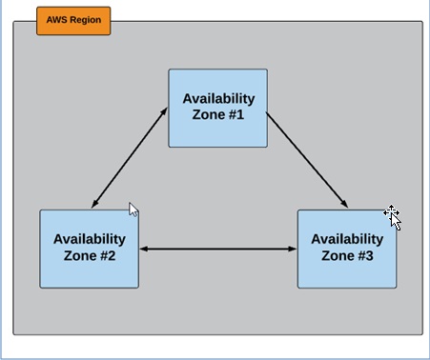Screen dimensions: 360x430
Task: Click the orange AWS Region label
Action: coord(73,20)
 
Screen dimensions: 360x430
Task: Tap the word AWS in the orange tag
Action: coord(57,20)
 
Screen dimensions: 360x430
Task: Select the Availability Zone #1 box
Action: coord(217,108)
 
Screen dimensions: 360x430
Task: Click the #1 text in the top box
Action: coord(235,115)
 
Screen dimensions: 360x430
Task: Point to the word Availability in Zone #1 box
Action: coord(218,99)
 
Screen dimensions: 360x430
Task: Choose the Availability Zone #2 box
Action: coord(89,248)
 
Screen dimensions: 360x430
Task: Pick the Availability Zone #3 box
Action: coord(346,248)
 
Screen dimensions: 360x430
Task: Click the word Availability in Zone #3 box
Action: coord(347,239)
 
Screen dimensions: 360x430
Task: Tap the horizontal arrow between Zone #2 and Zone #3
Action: coord(218,250)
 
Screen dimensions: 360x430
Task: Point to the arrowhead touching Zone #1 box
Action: coord(164,113)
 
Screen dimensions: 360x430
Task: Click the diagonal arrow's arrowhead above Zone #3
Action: coord(343,204)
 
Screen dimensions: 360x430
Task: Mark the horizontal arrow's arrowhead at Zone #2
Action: coord(145,250)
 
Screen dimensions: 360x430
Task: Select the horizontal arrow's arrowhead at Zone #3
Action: coord(292,250)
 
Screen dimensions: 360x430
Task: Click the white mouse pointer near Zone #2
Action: coord(133,210)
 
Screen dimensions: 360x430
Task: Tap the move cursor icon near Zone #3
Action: coord(392,216)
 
